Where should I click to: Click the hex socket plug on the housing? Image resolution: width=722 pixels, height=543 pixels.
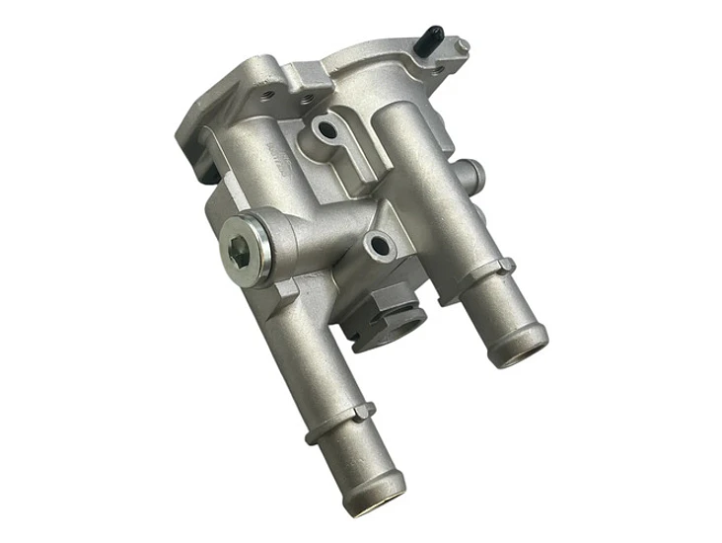tap(240, 253)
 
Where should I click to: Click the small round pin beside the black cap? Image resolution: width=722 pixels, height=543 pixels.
tap(460, 43)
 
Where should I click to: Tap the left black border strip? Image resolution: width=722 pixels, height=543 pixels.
tap(75, 271)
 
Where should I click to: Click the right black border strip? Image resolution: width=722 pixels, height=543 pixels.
tap(645, 271)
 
